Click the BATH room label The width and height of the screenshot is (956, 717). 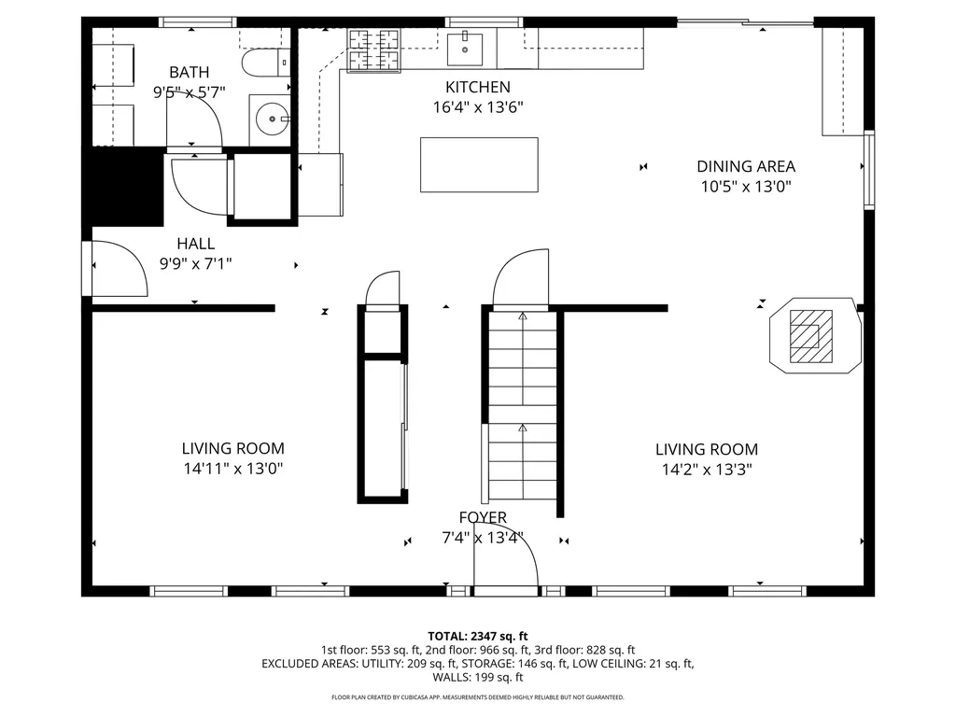click(189, 72)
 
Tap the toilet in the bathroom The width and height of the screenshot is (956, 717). click(263, 63)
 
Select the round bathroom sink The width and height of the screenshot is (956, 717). click(271, 118)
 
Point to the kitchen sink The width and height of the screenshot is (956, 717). click(464, 48)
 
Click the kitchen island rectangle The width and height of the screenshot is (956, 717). click(479, 164)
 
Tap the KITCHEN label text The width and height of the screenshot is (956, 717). click(477, 87)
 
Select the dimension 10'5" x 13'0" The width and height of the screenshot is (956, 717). click(746, 186)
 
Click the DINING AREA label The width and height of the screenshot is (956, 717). click(746, 166)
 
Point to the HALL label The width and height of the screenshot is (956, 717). click(195, 244)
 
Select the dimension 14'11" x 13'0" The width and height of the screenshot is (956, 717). click(232, 469)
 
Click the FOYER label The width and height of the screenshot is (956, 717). click(483, 517)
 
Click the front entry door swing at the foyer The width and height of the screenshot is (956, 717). click(509, 566)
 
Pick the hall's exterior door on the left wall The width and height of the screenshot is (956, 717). click(117, 269)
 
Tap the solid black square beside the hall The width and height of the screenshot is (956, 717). click(125, 187)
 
